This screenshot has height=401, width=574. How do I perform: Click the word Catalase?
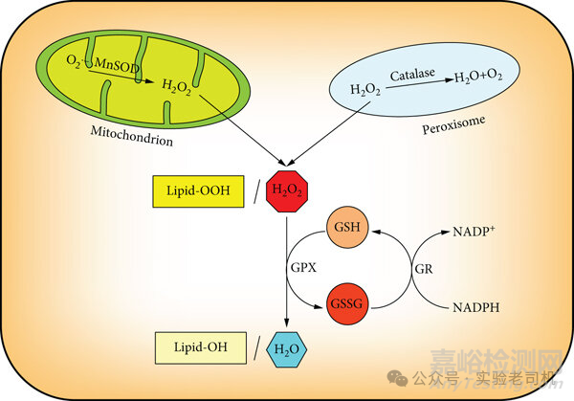416,74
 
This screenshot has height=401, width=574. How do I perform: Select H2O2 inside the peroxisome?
364,91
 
